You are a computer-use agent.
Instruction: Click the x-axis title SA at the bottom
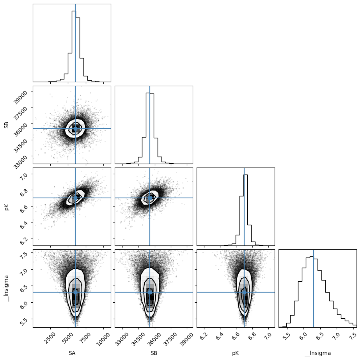[72, 353]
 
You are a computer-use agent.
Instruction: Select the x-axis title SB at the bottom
[154, 353]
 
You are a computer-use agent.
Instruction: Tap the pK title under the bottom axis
[236, 353]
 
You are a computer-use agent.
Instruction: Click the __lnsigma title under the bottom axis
[318, 353]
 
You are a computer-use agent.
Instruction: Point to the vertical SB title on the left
[7, 125]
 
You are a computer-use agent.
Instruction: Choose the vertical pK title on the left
[7, 206]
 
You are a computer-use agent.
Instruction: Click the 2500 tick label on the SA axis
[51, 338]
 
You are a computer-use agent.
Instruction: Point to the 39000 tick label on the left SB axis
[20, 97]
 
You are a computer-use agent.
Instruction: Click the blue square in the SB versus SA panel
[75, 129]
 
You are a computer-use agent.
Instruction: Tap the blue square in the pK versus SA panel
[75, 198]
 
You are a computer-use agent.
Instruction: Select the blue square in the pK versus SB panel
[150, 198]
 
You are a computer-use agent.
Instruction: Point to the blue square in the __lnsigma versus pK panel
[244, 292]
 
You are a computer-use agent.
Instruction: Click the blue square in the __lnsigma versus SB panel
[150, 292]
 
